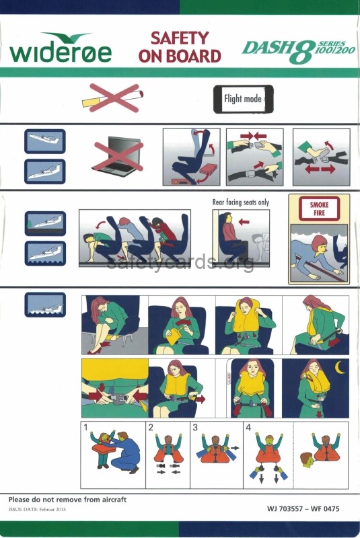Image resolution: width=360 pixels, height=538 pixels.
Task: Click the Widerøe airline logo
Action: point(61,48)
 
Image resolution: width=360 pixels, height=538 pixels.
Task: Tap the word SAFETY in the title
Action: point(180,38)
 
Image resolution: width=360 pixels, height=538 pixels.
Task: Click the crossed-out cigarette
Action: point(112,98)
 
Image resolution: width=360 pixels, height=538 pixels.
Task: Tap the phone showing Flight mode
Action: point(244,99)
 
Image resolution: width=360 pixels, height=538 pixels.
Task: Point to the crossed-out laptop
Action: point(118,156)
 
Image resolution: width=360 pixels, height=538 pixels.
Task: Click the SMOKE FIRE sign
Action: point(319,208)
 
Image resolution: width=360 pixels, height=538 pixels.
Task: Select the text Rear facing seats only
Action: point(241,202)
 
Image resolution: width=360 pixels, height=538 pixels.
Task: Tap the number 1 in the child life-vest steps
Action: point(85,427)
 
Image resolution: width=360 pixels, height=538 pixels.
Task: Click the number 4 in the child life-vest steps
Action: point(248,427)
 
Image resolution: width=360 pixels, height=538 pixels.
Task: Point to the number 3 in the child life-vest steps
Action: point(195,427)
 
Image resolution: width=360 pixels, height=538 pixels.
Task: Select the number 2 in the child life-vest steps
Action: point(151,427)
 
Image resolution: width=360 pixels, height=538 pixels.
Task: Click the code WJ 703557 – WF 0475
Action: point(303,508)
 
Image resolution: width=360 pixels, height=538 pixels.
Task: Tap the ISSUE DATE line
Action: point(37,509)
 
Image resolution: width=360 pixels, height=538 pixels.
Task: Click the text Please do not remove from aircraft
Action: point(67,500)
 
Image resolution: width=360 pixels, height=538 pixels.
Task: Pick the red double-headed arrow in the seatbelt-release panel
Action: point(320,169)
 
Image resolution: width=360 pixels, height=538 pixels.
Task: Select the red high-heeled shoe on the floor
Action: point(95,350)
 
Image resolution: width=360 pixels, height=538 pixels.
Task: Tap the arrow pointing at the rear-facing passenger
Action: point(244,222)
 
